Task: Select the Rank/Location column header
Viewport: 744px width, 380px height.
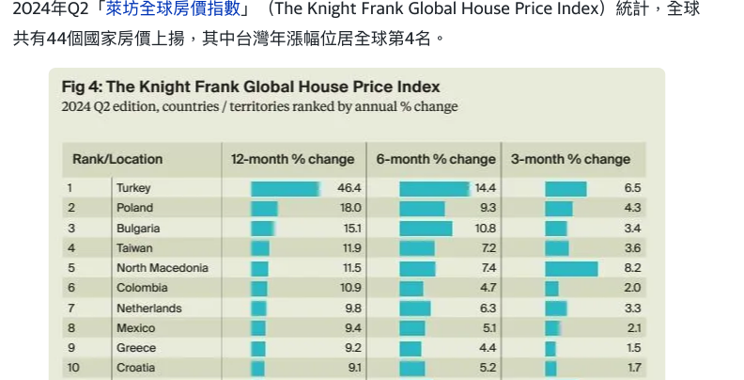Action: (117, 159)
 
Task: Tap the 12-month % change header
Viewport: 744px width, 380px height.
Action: (293, 159)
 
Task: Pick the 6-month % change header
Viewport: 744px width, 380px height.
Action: (436, 159)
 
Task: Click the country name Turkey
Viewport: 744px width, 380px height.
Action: (133, 188)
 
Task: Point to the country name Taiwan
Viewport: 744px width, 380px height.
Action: (133, 247)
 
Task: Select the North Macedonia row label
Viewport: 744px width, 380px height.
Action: (163, 268)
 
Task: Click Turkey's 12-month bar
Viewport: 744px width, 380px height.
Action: (285, 189)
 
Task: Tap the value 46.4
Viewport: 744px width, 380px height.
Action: (349, 188)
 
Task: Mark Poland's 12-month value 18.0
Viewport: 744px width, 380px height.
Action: (350, 208)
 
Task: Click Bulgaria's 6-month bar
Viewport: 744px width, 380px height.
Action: (426, 229)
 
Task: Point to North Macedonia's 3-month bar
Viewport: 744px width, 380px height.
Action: (571, 269)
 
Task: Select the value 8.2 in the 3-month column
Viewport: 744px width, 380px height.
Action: (632, 268)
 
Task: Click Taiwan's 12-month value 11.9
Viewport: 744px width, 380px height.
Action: (351, 247)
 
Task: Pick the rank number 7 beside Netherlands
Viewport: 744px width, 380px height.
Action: (70, 308)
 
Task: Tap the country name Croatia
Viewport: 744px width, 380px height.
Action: (135, 368)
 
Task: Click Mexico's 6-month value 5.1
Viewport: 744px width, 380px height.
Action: (488, 328)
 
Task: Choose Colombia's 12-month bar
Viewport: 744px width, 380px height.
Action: (259, 288)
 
